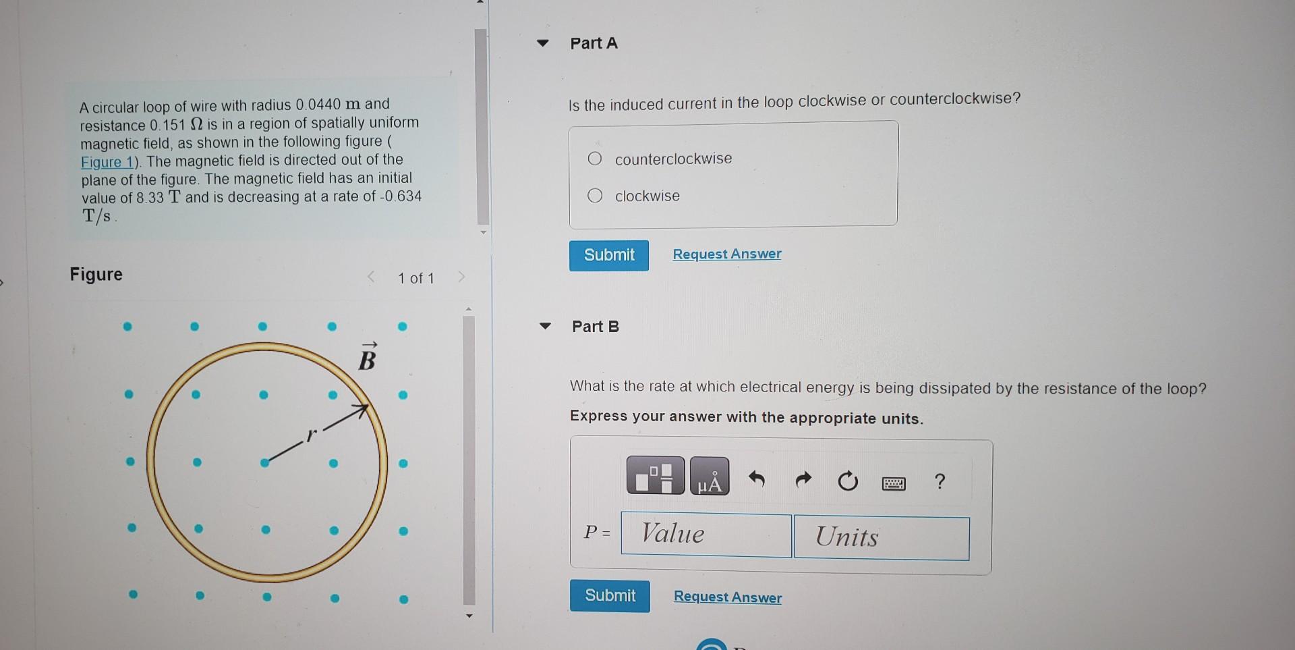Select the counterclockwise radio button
[594, 159]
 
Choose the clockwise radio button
[594, 196]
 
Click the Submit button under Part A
[608, 255]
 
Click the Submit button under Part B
[610, 595]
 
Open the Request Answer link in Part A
[726, 254]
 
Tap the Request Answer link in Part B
[728, 597]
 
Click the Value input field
[706, 535]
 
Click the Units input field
[881, 538]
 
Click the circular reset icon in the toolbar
[848, 481]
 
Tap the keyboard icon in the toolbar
[894, 483]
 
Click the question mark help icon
[940, 482]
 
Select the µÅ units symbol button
[710, 477]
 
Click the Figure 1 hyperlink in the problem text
[109, 163]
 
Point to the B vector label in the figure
[367, 358]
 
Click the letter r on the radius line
[310, 435]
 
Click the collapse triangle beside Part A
[543, 43]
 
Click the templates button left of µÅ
[655, 476]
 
